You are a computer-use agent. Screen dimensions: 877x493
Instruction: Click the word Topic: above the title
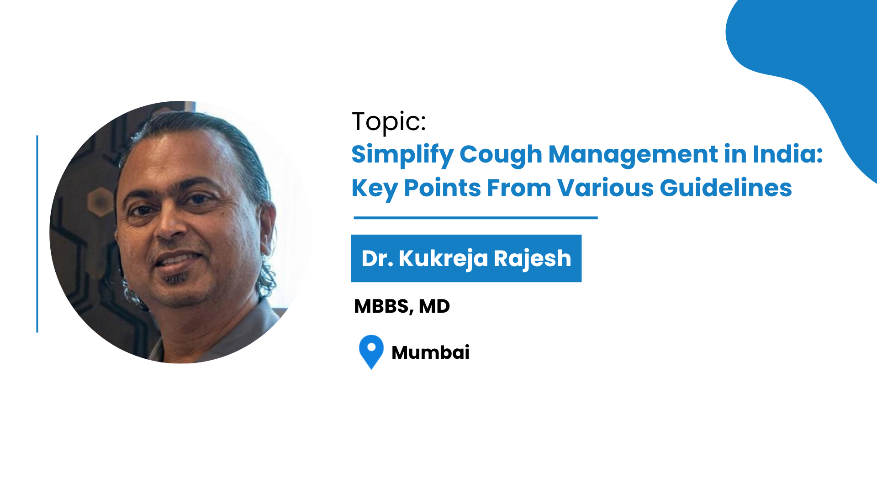tap(389, 122)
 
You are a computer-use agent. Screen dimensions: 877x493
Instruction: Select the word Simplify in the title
tap(402, 155)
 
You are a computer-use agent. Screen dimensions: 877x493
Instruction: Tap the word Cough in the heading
tap(501, 155)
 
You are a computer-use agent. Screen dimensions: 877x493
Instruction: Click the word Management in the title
tap(633, 154)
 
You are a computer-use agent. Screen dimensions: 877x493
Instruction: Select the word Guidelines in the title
tap(726, 188)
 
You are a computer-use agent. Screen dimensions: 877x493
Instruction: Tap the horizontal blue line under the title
tap(475, 218)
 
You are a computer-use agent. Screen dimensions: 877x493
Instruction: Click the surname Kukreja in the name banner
tap(443, 259)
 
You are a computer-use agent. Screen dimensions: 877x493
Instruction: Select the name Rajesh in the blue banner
tap(532, 259)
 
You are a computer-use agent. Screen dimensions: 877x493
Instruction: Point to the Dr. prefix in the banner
tap(377, 258)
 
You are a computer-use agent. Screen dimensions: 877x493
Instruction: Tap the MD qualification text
tap(434, 306)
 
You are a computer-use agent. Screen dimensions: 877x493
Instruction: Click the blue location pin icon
tap(371, 351)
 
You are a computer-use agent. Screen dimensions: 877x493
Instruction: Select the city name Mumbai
tap(430, 352)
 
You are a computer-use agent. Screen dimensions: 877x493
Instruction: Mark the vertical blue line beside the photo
tap(37, 234)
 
